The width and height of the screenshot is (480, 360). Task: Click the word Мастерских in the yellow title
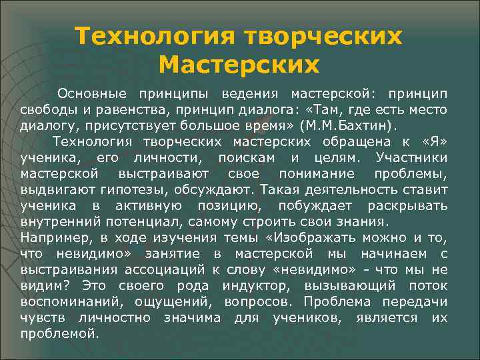click(239, 65)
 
